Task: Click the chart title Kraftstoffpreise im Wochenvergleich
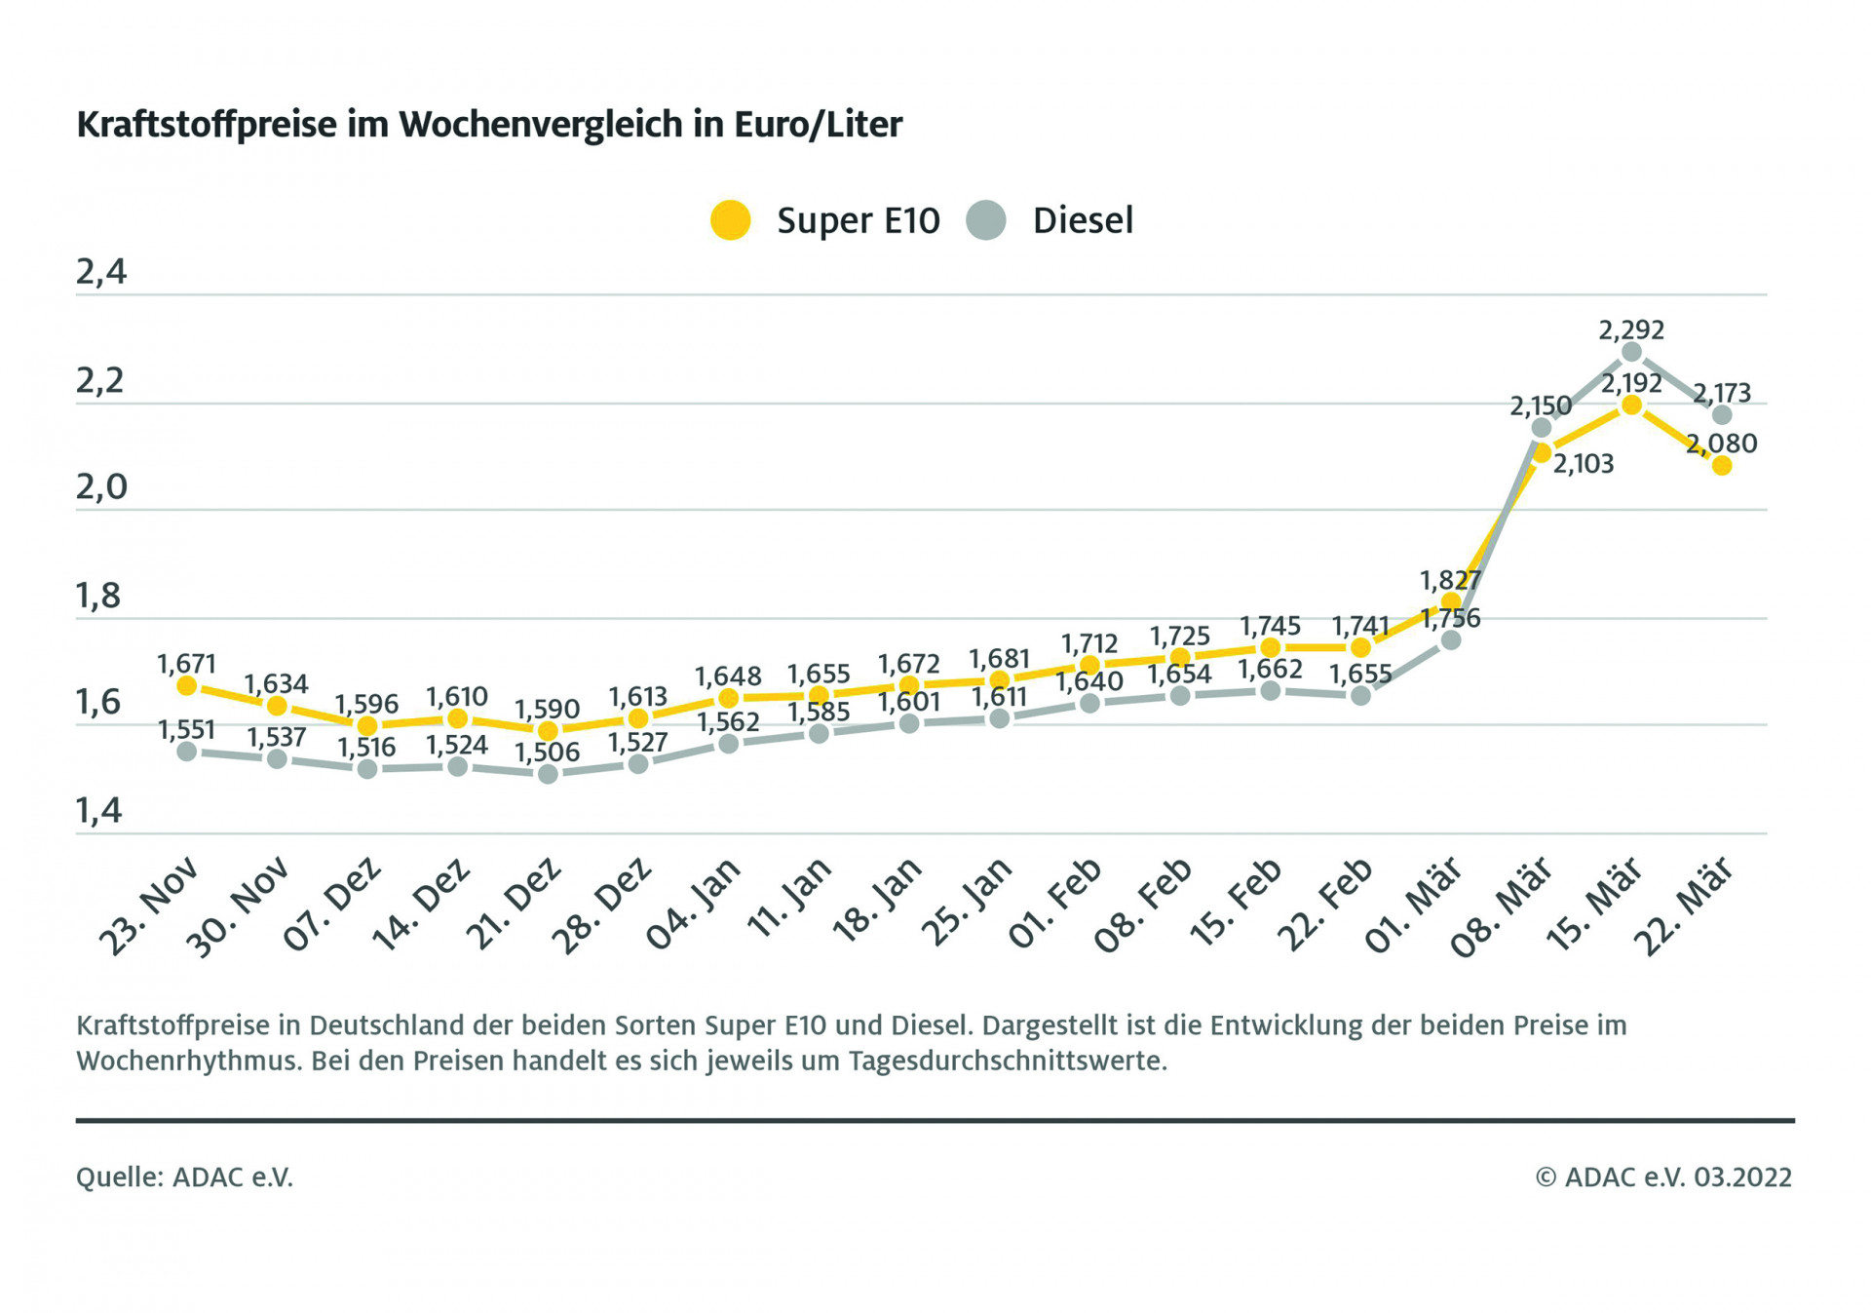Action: [489, 125]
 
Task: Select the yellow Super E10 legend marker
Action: [730, 220]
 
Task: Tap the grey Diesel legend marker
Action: [986, 220]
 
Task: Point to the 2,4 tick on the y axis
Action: [101, 272]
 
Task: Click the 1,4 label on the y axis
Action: [99, 810]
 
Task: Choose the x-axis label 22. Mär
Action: [1685, 907]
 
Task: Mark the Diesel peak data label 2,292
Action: [1631, 330]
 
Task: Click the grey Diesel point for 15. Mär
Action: [1632, 352]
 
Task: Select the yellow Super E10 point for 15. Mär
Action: [1632, 405]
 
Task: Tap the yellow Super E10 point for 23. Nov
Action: [187, 686]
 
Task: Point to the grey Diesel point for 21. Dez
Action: [548, 774]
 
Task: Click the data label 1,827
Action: [1450, 581]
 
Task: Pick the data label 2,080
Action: [1722, 444]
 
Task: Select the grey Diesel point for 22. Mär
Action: [1722, 415]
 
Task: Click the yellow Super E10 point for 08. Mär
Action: [1542, 453]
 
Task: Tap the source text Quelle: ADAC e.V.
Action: [184, 1178]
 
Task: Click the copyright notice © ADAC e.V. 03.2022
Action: [1663, 1178]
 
